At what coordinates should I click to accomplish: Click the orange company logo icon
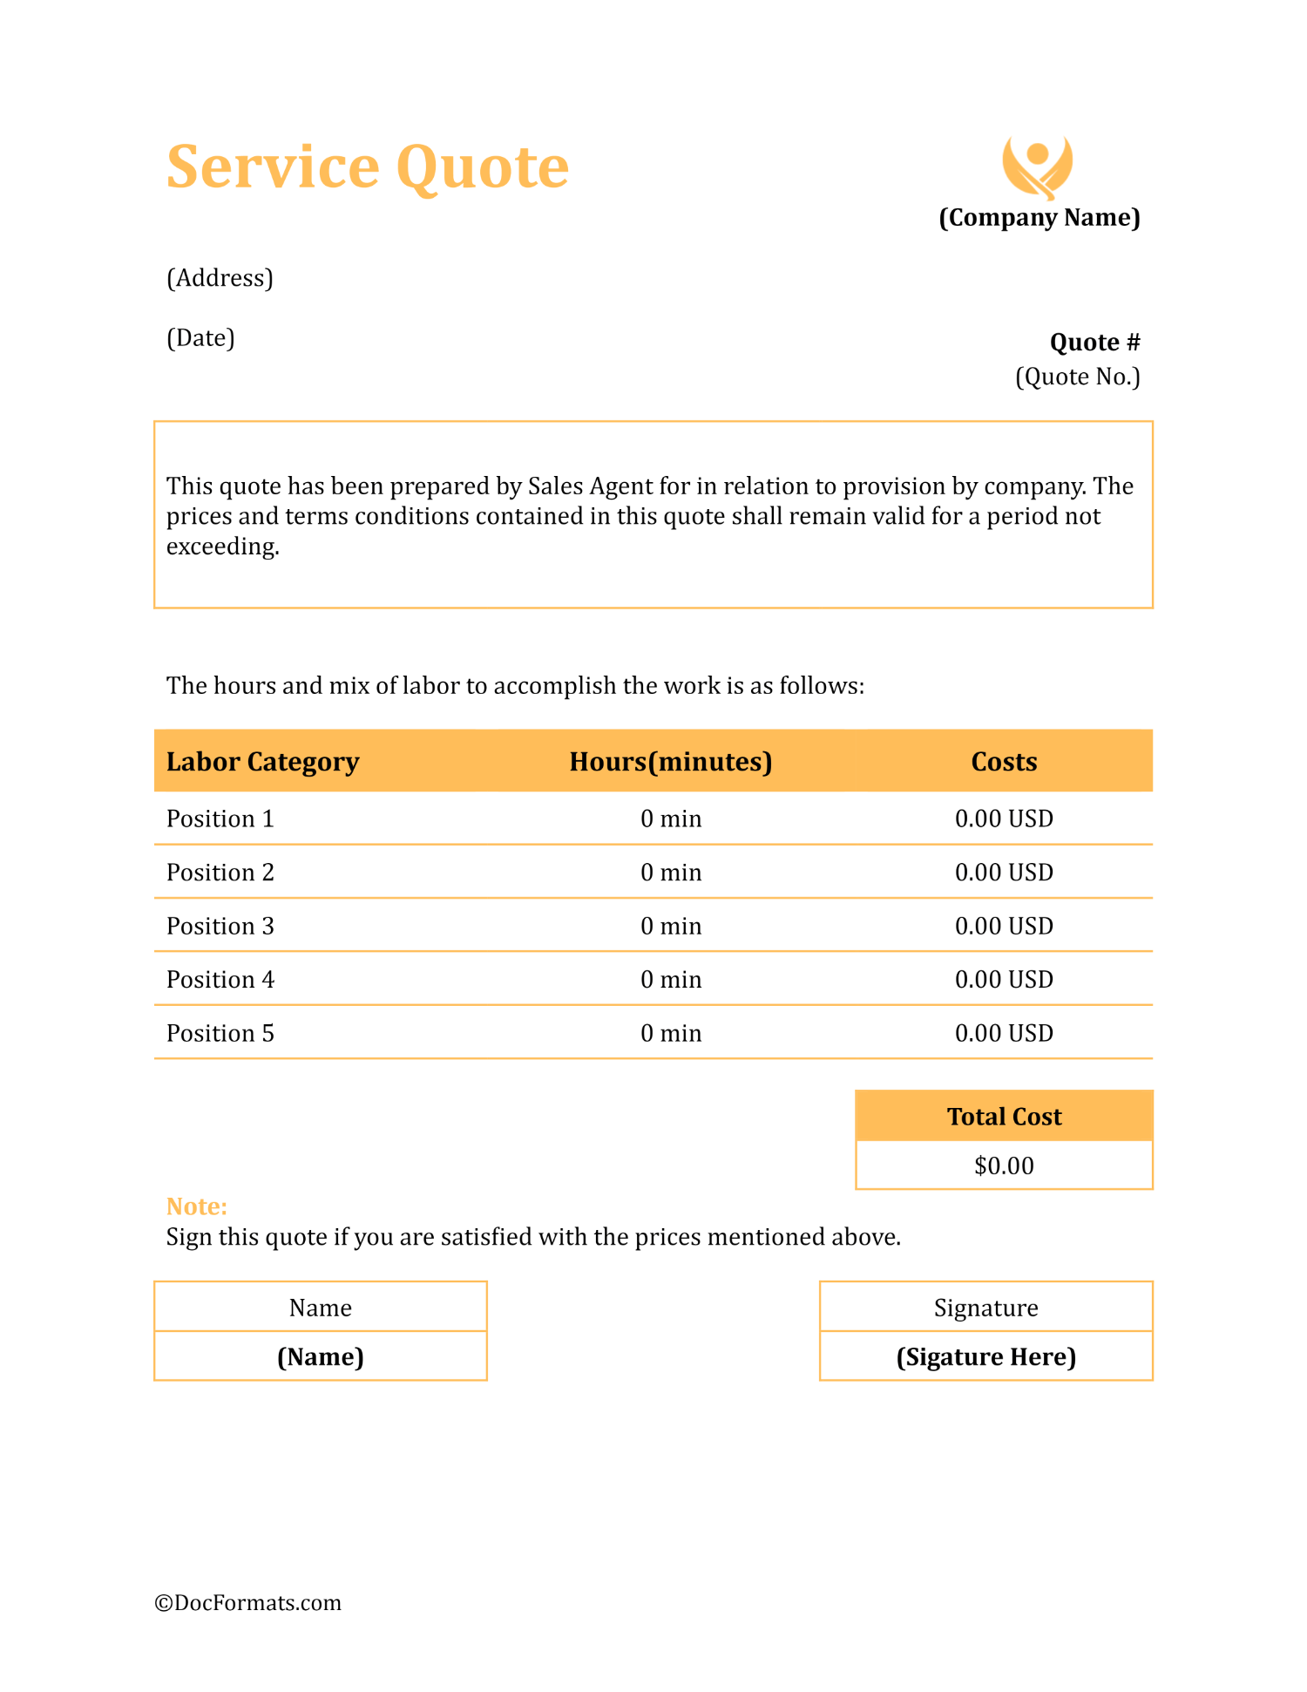(1037, 166)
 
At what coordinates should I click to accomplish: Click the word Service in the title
(273, 166)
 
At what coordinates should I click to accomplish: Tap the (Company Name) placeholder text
(1039, 217)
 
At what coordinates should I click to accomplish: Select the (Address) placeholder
(220, 278)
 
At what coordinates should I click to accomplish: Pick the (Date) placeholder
(200, 338)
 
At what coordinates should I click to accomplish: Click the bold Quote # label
(1094, 343)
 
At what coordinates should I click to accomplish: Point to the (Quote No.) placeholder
(1077, 377)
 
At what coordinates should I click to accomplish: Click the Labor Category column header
(262, 762)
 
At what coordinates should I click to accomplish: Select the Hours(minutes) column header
(670, 762)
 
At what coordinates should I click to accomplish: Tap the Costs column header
(1004, 762)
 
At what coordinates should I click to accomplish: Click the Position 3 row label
(220, 926)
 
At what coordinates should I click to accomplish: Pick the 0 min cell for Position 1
(670, 819)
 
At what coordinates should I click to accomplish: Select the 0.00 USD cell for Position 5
(1004, 1033)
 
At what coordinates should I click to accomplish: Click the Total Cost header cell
(1004, 1117)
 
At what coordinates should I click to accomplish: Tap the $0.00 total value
(1004, 1166)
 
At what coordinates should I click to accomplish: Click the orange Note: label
(197, 1206)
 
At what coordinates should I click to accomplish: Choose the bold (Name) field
(320, 1357)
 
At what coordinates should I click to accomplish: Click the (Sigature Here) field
(985, 1357)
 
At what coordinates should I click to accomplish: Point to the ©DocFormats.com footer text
(248, 1603)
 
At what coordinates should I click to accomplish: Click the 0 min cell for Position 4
(670, 980)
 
